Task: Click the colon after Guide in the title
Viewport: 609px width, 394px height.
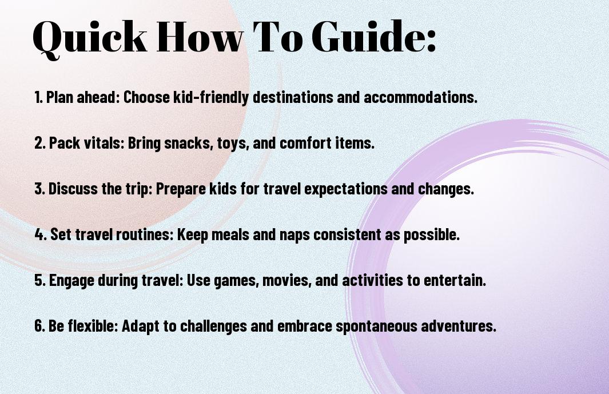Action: [x=431, y=41]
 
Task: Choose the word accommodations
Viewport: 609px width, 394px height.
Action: [x=420, y=97]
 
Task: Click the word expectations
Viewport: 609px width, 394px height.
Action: [x=346, y=189]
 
